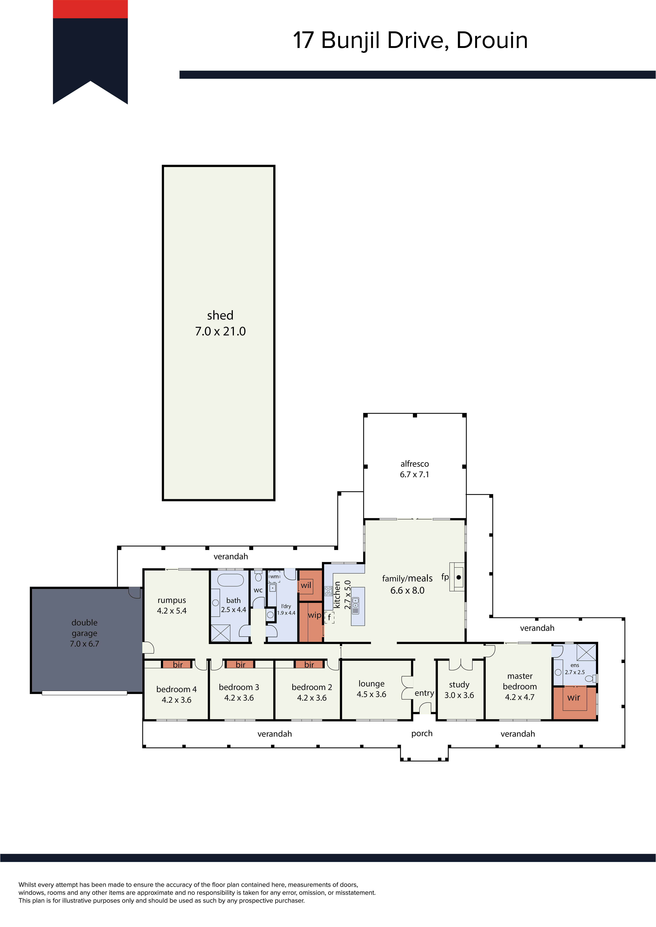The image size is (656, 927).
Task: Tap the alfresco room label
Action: pyautogui.click(x=414, y=464)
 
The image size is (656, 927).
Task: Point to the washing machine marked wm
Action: pyautogui.click(x=274, y=577)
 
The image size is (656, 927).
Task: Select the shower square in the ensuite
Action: pyautogui.click(x=586, y=652)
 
